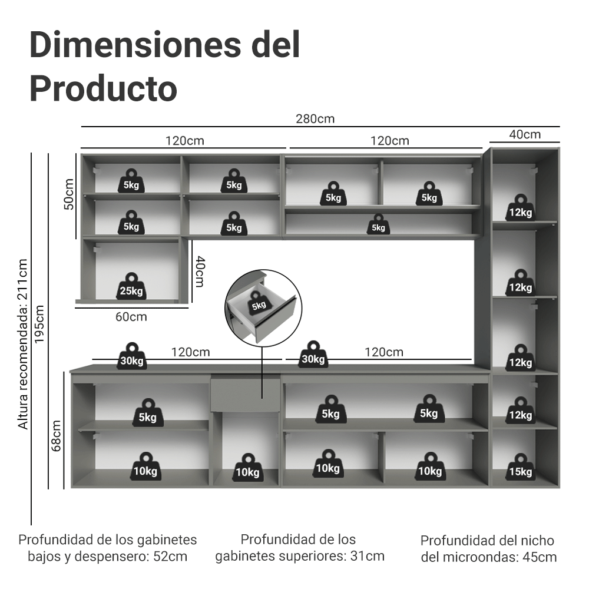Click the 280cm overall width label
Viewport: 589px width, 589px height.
tap(316, 119)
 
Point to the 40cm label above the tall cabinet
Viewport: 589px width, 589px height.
tap(524, 135)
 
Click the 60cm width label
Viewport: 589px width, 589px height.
tap(131, 317)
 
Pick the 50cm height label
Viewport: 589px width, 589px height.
tap(68, 194)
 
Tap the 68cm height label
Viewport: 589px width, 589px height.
tap(57, 435)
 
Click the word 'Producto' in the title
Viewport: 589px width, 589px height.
tap(103, 88)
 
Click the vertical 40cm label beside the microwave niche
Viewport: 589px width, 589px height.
tap(200, 271)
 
